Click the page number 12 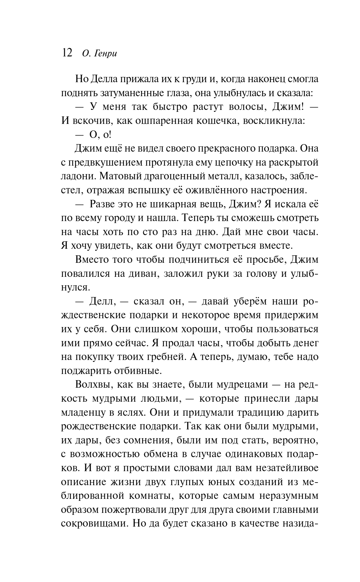[x=67, y=52]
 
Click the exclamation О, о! [x=100, y=135]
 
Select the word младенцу [x=83, y=412]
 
